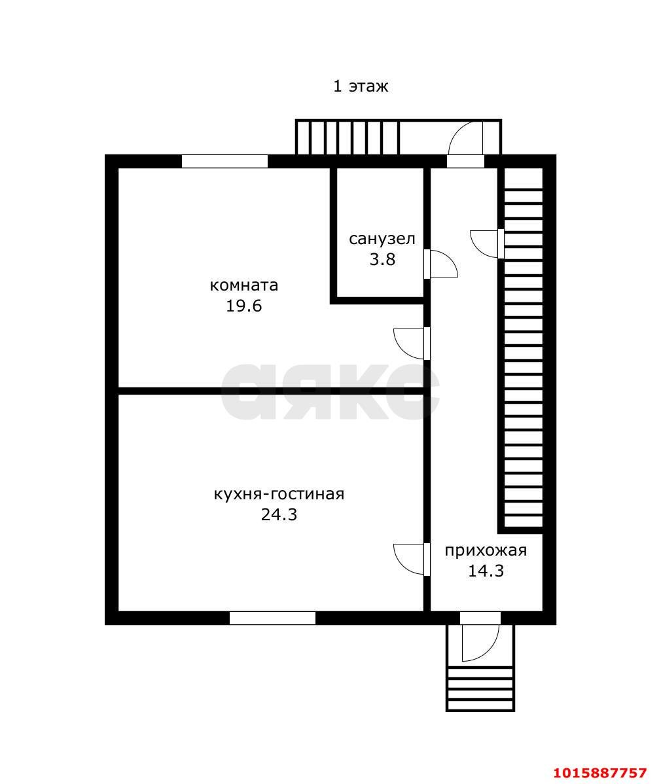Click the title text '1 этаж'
pyautogui.click(x=361, y=86)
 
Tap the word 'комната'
pyautogui.click(x=244, y=285)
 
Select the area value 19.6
pyautogui.click(x=244, y=306)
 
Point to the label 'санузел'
pyautogui.click(x=382, y=239)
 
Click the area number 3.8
pyautogui.click(x=382, y=259)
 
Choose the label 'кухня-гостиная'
pyautogui.click(x=279, y=494)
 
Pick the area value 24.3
pyautogui.click(x=279, y=514)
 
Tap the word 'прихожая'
pyautogui.click(x=486, y=550)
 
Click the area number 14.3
pyautogui.click(x=486, y=571)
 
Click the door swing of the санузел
pyautogui.click(x=441, y=264)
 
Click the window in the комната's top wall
pyautogui.click(x=224, y=162)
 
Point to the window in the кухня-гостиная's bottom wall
pyautogui.click(x=272, y=618)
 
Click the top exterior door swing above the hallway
pyautogui.click(x=466, y=139)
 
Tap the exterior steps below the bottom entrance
pyautogui.click(x=480, y=689)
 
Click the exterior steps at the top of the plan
pyautogui.click(x=348, y=137)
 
